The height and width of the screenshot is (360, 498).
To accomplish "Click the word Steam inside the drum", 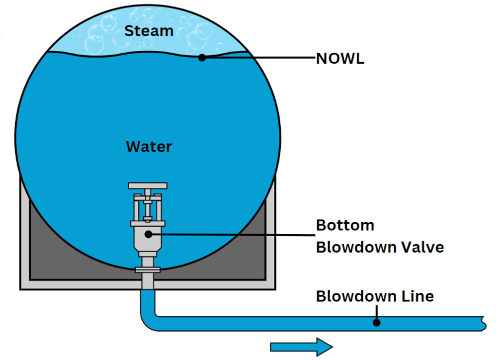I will pyautogui.click(x=149, y=31).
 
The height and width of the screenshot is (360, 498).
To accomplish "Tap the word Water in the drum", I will pyautogui.click(x=149, y=147).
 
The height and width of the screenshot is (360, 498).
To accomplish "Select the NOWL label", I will pyautogui.click(x=340, y=59).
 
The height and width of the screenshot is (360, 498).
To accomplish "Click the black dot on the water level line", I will pyautogui.click(x=202, y=57).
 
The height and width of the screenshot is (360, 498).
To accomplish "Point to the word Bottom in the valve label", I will pyautogui.click(x=345, y=225).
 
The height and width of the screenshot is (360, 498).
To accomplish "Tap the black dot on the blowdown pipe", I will pyautogui.click(x=377, y=322).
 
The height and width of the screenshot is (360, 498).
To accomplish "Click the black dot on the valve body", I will pyautogui.click(x=148, y=233).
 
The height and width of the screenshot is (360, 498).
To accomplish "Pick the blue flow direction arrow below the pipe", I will pyautogui.click(x=301, y=346).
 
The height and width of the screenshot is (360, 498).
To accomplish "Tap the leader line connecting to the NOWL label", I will pyautogui.click(x=258, y=57).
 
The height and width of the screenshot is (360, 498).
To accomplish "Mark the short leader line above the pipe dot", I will pyautogui.click(x=377, y=312).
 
